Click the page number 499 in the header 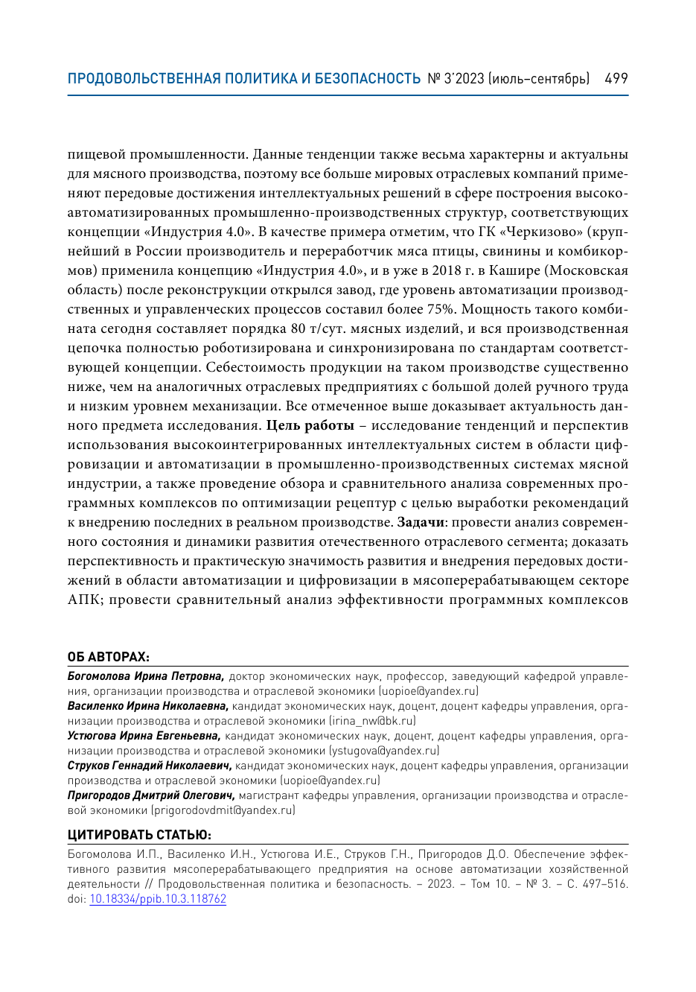[x=616, y=78]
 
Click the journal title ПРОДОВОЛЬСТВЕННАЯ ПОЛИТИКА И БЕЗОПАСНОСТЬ [x=244, y=78]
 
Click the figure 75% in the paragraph [x=440, y=309]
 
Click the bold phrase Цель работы [x=310, y=425]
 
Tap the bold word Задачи [x=421, y=522]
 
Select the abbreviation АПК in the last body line [x=85, y=600]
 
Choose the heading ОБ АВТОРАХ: [x=109, y=657]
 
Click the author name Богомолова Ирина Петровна [x=146, y=676]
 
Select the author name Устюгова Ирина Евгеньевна [x=144, y=736]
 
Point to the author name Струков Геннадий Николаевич [x=150, y=766]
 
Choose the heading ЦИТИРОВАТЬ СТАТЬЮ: [x=139, y=835]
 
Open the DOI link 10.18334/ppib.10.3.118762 [x=158, y=899]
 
